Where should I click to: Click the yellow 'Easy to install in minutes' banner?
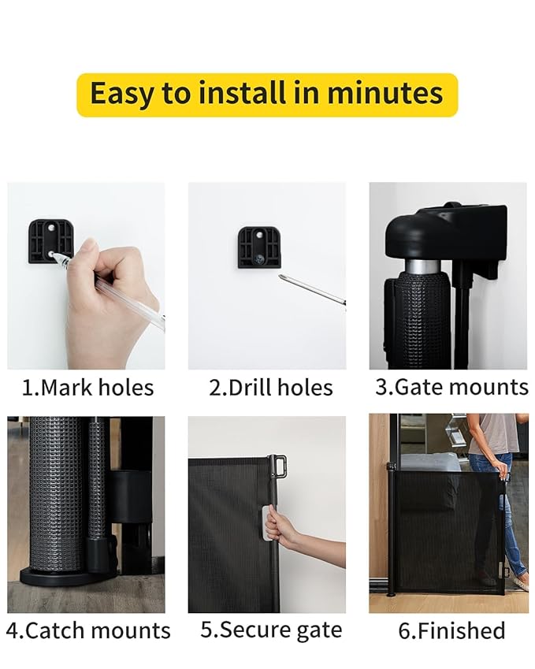266,95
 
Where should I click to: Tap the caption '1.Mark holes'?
87,388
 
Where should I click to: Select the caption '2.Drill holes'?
270,388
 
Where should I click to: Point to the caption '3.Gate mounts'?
451,387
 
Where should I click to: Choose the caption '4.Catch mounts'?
87,631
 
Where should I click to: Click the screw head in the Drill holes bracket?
258,258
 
